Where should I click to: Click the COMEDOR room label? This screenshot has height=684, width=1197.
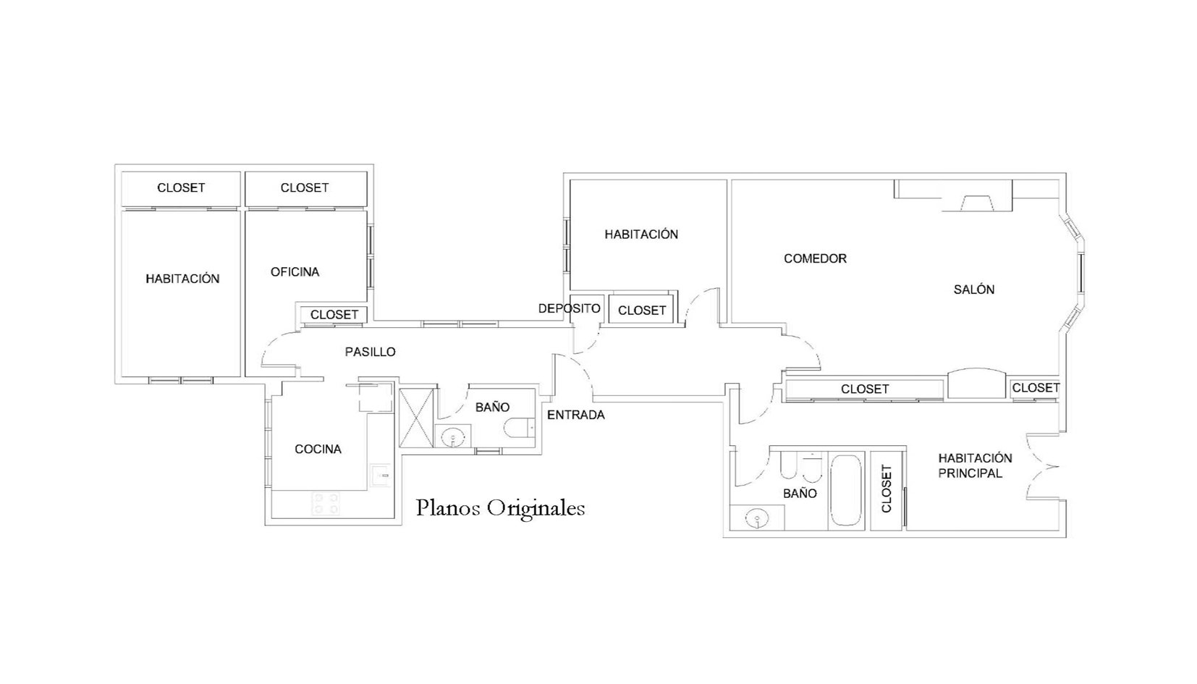tap(815, 258)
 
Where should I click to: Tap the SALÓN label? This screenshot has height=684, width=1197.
tap(973, 290)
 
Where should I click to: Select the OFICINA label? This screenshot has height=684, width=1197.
tap(295, 272)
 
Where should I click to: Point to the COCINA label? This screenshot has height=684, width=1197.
tap(318, 449)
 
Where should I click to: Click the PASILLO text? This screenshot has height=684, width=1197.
tap(370, 352)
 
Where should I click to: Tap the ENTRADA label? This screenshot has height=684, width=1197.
tap(575, 415)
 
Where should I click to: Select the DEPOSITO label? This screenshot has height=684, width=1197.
tap(569, 308)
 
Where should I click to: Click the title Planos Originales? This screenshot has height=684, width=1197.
tap(500, 508)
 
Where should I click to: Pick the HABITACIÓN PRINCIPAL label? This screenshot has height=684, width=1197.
tap(975, 465)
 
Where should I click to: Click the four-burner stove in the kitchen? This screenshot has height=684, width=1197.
tap(326, 503)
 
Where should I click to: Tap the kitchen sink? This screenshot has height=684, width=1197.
tap(381, 475)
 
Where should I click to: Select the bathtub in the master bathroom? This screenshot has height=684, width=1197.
tap(846, 491)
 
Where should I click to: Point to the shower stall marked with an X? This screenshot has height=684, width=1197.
tap(416, 418)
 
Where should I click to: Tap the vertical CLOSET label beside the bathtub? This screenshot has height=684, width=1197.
tap(886, 489)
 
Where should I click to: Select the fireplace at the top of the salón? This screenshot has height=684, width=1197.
tap(977, 203)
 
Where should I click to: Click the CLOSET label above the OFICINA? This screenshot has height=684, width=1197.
tap(305, 187)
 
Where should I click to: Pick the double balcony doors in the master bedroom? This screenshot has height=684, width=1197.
tap(1042, 467)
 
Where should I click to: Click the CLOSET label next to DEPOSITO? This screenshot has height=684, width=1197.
tap(642, 311)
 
